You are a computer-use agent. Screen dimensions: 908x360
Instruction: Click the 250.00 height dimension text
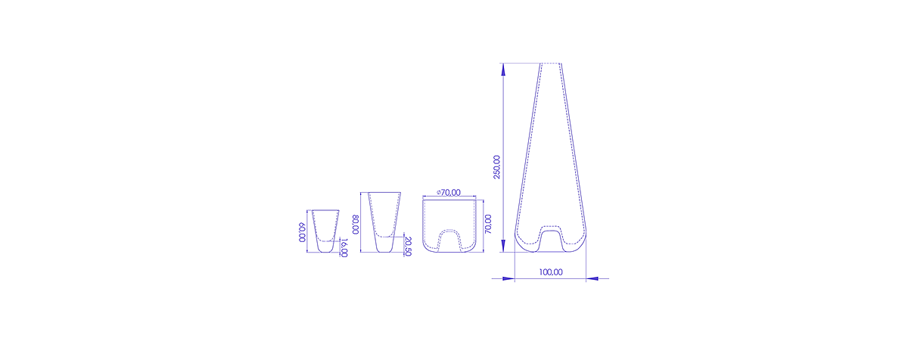click(x=496, y=167)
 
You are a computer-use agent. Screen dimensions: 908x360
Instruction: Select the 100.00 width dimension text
click(x=551, y=272)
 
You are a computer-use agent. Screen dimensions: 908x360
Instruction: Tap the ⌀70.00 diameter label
click(x=448, y=193)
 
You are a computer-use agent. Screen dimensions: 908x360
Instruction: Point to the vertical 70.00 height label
click(x=488, y=224)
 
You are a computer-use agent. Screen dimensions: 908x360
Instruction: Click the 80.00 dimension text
click(x=356, y=225)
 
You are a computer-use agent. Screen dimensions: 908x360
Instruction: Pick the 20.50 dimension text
click(x=408, y=247)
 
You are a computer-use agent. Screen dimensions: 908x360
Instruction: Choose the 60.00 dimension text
click(x=302, y=232)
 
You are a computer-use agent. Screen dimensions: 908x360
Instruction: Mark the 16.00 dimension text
click(x=344, y=248)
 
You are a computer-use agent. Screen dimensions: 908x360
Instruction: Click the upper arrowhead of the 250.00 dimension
click(x=503, y=70)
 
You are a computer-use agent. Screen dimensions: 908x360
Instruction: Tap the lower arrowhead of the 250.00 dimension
click(x=503, y=245)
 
